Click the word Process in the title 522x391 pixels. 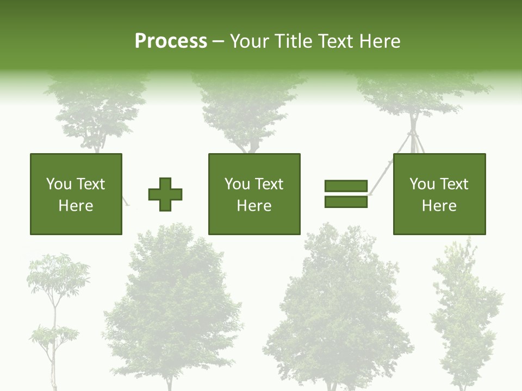171,41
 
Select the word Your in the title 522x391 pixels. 251,41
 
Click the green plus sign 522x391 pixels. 165,194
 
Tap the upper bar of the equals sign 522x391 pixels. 346,186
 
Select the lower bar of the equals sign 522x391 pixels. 346,202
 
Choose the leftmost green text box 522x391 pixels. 76,194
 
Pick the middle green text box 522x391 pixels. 254,194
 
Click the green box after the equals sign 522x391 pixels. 439,194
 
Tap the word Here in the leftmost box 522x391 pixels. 76,206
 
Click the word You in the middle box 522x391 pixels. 237,184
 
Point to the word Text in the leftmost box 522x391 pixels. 90,184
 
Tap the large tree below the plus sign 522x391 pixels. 173,310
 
